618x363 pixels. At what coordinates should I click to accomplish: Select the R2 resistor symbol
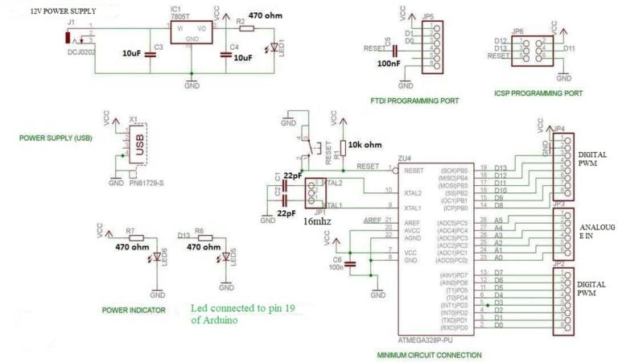click(247, 27)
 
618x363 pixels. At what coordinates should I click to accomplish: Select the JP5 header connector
click(435, 48)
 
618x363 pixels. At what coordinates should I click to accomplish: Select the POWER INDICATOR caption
click(134, 310)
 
